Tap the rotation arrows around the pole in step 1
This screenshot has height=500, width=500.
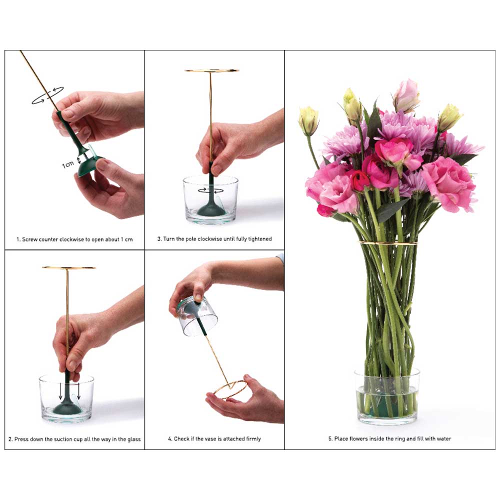click(47, 95)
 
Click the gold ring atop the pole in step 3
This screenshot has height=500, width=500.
click(211, 70)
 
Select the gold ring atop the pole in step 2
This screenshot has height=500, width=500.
click(68, 268)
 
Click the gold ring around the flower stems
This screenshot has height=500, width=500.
click(388, 243)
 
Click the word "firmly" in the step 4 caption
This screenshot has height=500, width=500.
click(252, 439)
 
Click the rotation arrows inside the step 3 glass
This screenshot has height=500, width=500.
click(210, 190)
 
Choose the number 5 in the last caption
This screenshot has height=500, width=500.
click(330, 439)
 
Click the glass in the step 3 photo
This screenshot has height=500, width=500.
click(210, 200)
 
